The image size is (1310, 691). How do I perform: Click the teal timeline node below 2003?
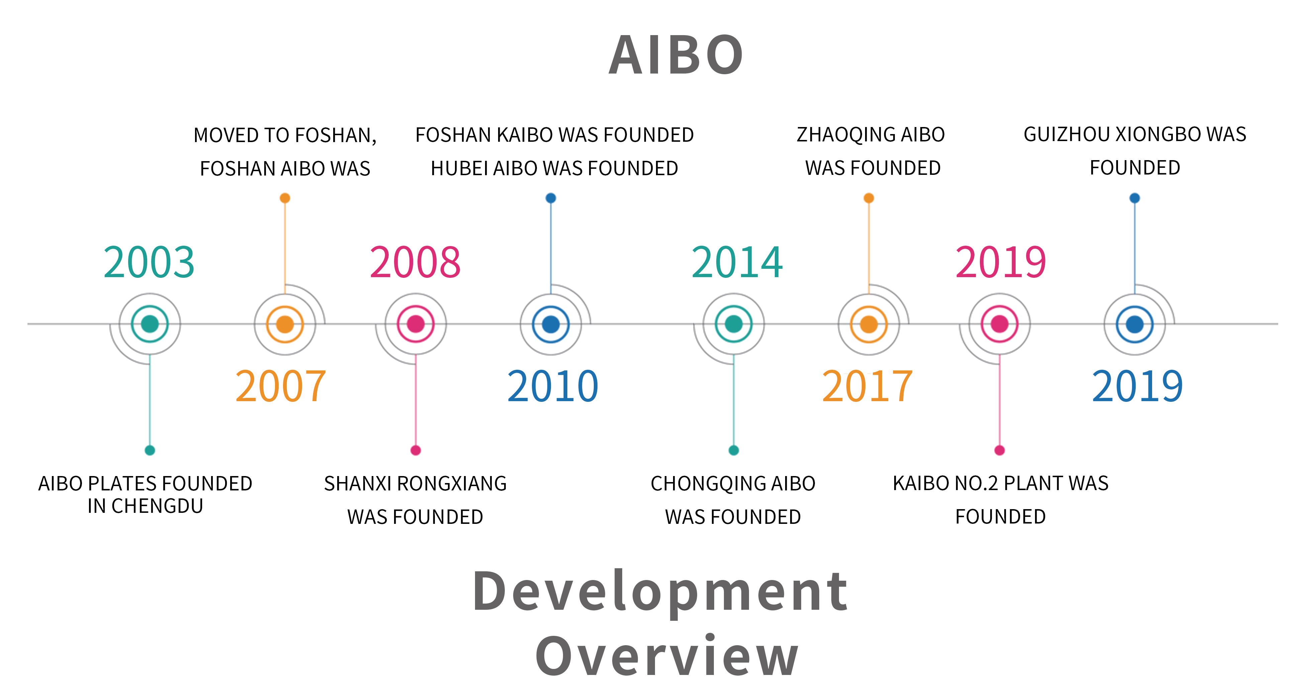[x=150, y=324]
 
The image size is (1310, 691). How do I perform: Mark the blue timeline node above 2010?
[x=551, y=324]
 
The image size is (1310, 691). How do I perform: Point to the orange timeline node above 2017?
[x=868, y=324]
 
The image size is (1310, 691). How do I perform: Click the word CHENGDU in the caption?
[x=157, y=506]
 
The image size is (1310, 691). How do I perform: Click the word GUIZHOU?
[x=1066, y=134]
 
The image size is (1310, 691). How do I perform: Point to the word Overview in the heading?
[x=667, y=657]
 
